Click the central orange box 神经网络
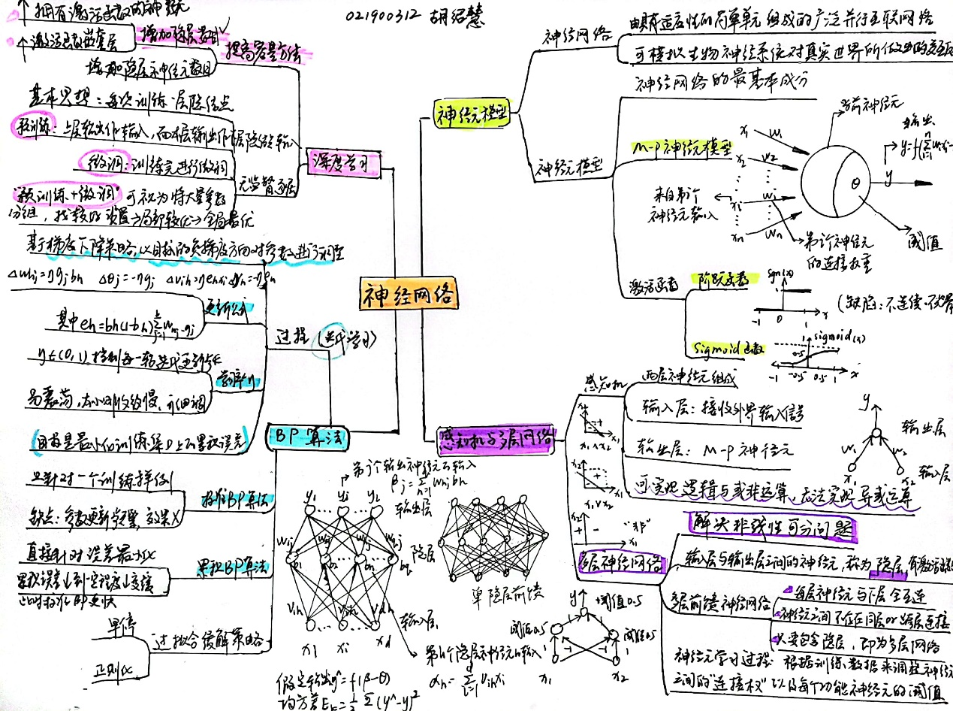(409, 294)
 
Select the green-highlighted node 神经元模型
(472, 113)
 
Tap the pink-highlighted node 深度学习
(341, 162)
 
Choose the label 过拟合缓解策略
(208, 641)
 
